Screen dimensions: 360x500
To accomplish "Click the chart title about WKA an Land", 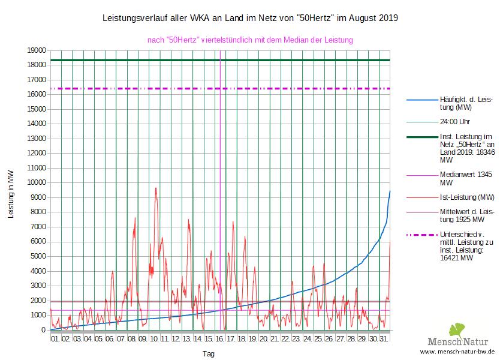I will coord(251,19).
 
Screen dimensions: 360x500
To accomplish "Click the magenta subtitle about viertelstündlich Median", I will coord(250,40).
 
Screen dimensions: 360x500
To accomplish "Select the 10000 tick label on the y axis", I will coord(38,183).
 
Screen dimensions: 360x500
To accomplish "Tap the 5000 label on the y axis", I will coord(40,256).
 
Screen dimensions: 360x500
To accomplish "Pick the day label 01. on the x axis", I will coord(55,339).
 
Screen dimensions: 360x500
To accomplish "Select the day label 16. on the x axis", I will coord(220,339).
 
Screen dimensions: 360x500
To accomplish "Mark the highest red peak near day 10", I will coord(156,188).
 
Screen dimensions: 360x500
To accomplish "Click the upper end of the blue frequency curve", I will coord(390,191).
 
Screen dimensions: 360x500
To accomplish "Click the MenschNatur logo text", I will coord(471,340).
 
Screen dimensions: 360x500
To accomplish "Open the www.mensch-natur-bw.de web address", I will coord(458,352).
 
